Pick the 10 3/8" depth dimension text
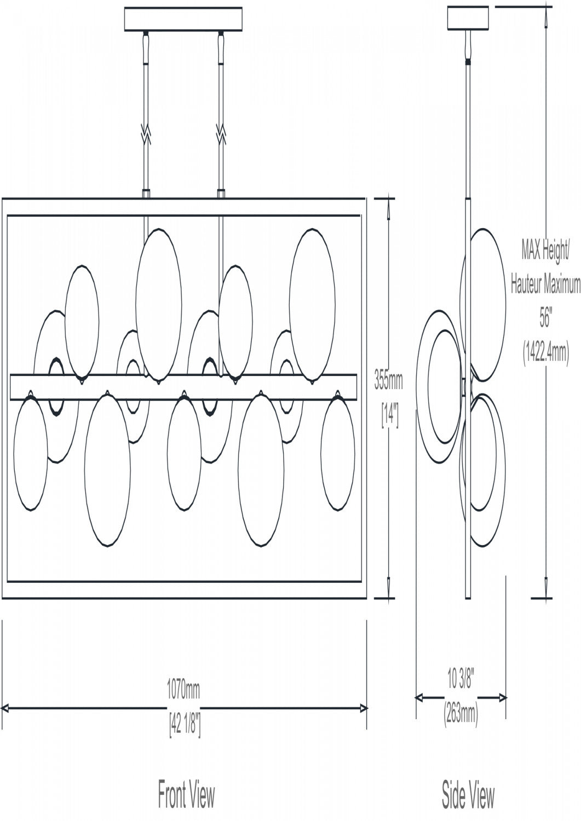(461, 638)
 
